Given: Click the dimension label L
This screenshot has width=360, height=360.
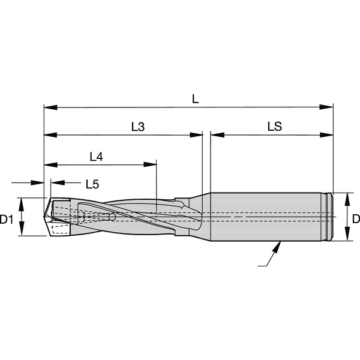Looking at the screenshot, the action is click(x=195, y=99).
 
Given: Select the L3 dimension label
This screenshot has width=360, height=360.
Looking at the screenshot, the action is click(x=138, y=127).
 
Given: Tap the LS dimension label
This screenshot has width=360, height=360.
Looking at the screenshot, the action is click(x=275, y=126).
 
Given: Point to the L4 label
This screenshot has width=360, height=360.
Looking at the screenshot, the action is click(x=96, y=157).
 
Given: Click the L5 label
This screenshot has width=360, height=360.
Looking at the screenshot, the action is click(x=92, y=184).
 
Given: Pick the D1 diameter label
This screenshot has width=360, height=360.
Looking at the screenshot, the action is click(x=7, y=220).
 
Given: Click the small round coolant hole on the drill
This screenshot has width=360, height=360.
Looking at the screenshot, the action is click(x=112, y=217).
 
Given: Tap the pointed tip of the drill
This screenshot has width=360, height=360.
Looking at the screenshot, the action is click(x=44, y=216).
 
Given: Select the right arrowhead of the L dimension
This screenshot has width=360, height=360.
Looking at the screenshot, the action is click(x=326, y=107).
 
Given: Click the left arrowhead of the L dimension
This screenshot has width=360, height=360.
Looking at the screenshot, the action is click(x=50, y=107).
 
